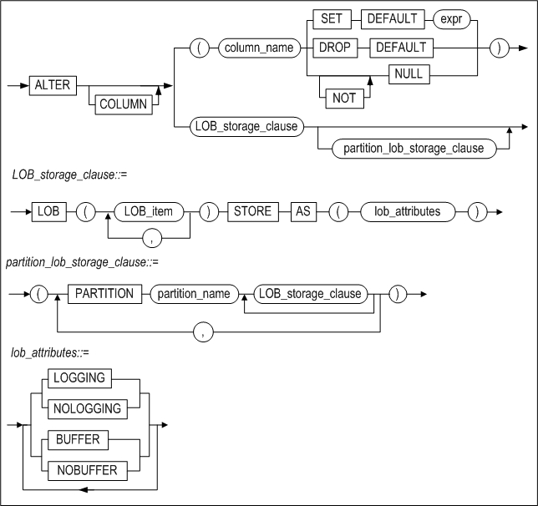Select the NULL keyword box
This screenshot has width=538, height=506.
407,74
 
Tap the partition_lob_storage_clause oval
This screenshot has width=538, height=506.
408,149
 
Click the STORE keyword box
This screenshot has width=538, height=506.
251,211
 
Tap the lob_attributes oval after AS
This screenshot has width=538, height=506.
407,211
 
